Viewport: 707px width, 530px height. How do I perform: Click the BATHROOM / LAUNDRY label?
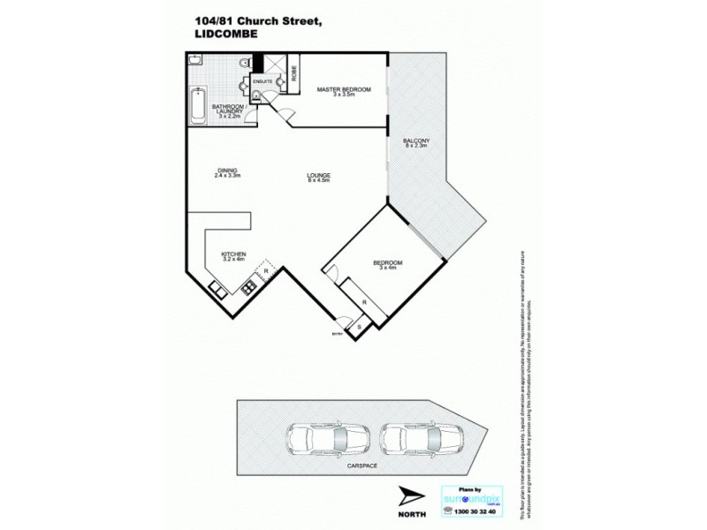(227, 110)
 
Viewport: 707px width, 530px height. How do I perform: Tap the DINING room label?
(227, 173)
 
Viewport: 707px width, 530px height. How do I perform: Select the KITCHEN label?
(233, 259)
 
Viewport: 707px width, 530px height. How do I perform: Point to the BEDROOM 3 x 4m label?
(390, 266)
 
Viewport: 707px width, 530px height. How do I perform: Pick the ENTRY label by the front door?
(336, 334)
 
